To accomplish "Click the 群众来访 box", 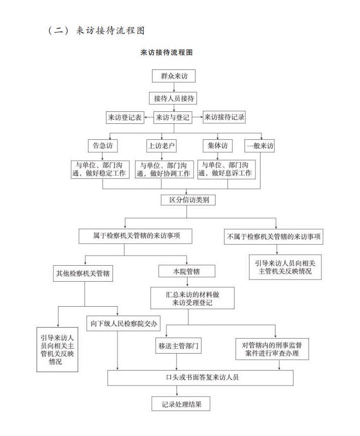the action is point(173,76).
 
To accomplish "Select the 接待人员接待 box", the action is point(173,98).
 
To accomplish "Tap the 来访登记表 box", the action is point(125,117).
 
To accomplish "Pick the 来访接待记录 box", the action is point(224,117).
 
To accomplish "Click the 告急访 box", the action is point(102,146).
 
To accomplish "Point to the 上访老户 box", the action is point(161,146).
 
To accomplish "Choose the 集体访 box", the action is point(217,146).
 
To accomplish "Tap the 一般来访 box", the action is point(259,146).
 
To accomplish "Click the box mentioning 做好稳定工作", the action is point(100,169).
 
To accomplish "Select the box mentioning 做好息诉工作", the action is point(226,169).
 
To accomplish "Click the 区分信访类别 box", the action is point(188,200).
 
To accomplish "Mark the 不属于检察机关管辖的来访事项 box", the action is point(273,237).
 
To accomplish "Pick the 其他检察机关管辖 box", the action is point(83,273).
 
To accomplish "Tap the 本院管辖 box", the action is point(187,271).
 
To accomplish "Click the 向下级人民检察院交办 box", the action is point(123,324).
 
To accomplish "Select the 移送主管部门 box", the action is point(178,346).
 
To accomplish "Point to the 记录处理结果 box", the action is point(180,404).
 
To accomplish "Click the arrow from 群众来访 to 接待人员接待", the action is point(174,87).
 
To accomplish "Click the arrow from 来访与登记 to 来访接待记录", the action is point(197,117).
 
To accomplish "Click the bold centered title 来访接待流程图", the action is point(166,52).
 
